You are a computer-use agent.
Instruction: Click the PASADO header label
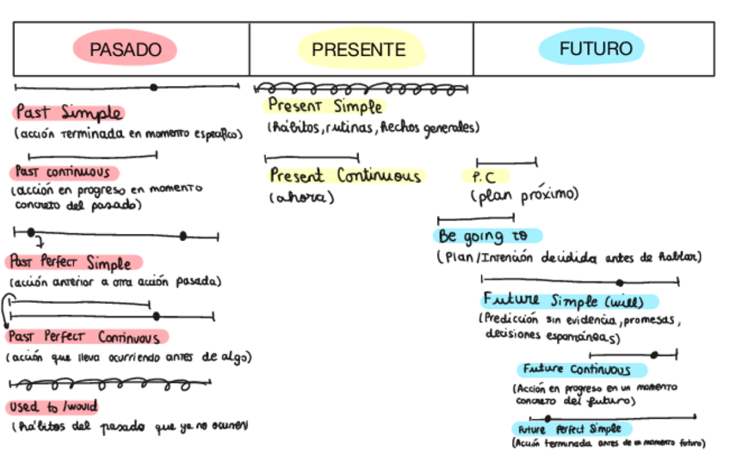coord(126,49)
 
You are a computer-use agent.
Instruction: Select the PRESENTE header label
coord(359,50)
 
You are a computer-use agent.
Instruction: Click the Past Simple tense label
coord(68,114)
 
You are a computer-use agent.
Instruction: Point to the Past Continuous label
coord(59,172)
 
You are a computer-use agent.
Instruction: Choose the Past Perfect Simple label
coord(73,262)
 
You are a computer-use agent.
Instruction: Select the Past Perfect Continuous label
coord(86,337)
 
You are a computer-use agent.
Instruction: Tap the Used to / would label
coord(53,406)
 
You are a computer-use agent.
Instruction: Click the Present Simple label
coord(324,107)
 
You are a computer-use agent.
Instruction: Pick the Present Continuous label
coord(345,176)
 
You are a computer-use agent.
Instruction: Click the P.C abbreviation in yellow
coord(485,177)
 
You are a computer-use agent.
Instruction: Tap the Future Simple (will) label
coord(570,301)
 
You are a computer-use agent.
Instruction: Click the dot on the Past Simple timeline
coord(153,87)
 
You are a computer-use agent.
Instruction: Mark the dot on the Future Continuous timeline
coord(654,354)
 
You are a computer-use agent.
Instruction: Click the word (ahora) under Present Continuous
coord(301,197)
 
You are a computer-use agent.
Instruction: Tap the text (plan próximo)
coord(524,195)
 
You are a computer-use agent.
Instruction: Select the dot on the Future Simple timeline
coord(620,282)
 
